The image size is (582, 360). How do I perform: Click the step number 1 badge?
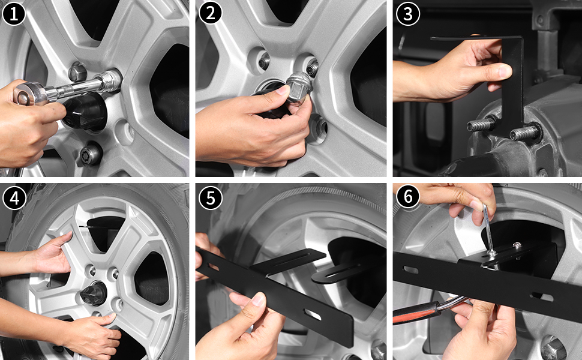(x=13, y=14)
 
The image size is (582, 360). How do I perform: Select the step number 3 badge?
(x=407, y=14)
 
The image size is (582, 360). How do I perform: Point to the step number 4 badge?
(x=14, y=198)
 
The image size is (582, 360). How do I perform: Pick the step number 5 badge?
(x=211, y=197)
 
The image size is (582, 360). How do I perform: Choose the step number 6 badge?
(x=408, y=196)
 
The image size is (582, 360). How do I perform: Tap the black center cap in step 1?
(x=84, y=111)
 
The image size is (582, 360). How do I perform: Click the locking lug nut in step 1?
(x=90, y=153)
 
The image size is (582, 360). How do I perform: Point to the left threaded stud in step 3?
(x=481, y=124)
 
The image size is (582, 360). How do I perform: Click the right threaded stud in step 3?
(x=525, y=133)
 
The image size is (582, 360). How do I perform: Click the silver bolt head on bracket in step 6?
(x=516, y=245)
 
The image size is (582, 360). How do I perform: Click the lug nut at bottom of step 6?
(x=554, y=347)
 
